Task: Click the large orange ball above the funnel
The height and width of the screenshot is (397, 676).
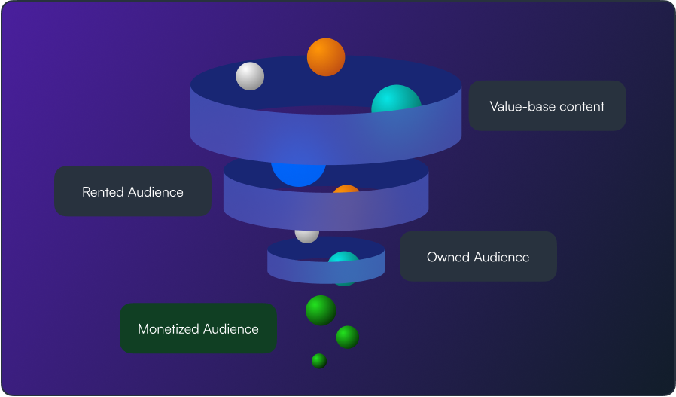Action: pos(326,56)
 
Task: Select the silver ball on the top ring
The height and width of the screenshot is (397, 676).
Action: pos(250,76)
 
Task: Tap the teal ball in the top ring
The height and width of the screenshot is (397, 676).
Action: pos(395,102)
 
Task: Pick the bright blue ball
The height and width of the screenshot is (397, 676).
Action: pos(298,169)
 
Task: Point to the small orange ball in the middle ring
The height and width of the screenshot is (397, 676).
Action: pos(347,192)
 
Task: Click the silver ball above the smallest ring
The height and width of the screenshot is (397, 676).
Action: pos(306,233)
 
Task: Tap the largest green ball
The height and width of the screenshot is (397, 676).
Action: pos(321,310)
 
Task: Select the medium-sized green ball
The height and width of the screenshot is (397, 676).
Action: pos(347,337)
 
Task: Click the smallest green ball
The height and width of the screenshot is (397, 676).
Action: pos(319,361)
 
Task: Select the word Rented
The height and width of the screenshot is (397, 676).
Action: pos(103,192)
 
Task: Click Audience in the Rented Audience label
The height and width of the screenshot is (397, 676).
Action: pos(156,192)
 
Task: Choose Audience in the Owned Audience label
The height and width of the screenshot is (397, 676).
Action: pos(501,257)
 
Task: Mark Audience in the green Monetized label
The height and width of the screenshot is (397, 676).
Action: pos(230,329)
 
